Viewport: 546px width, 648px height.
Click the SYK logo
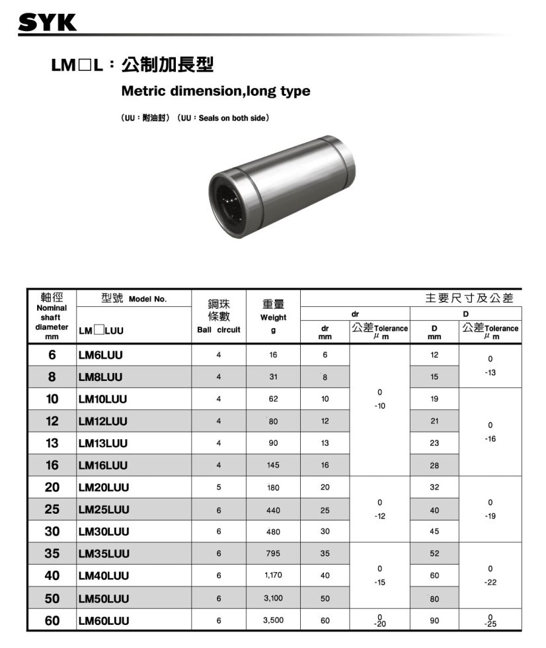click(x=48, y=22)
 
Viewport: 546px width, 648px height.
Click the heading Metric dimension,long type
click(x=215, y=91)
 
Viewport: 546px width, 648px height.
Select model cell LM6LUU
click(x=100, y=355)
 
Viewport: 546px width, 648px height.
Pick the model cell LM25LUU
click(x=104, y=510)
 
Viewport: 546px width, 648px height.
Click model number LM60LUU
click(x=104, y=621)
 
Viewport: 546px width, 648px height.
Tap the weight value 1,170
click(x=273, y=576)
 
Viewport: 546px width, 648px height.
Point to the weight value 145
click(x=273, y=466)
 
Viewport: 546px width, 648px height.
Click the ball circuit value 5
click(x=219, y=488)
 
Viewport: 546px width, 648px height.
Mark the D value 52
click(x=434, y=554)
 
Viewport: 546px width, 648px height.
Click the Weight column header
click(x=273, y=315)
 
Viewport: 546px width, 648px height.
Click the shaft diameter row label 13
click(x=52, y=443)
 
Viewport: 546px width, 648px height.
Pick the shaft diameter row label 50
click(x=52, y=598)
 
